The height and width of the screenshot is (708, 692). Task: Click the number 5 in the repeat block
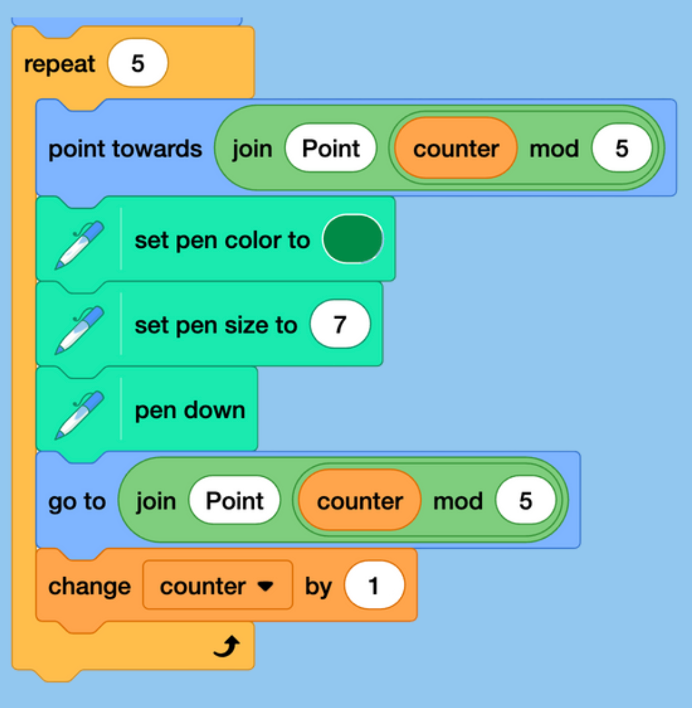click(x=138, y=64)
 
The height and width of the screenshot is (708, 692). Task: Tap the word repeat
click(x=60, y=64)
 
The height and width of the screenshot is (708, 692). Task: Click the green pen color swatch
click(x=353, y=239)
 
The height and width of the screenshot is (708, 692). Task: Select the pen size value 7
click(x=340, y=324)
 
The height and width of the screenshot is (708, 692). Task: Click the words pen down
click(x=190, y=410)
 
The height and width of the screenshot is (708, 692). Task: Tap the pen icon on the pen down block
click(x=79, y=410)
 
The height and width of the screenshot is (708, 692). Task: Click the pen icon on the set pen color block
click(x=79, y=240)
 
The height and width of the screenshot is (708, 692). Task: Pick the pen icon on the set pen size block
click(x=79, y=325)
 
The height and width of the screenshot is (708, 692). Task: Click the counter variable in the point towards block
click(x=456, y=148)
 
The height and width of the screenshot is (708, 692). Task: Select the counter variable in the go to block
click(x=359, y=501)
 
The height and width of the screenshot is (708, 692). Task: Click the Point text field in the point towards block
click(x=331, y=148)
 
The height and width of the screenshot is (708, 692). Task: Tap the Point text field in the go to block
click(x=234, y=501)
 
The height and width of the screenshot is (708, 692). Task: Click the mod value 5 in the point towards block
click(x=621, y=148)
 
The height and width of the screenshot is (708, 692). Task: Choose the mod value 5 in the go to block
click(x=525, y=501)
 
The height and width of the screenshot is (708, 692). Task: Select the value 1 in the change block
click(x=374, y=586)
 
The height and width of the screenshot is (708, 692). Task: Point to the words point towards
click(x=125, y=148)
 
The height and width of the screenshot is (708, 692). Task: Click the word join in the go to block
click(x=155, y=501)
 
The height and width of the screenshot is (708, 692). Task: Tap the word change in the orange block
click(x=89, y=586)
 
